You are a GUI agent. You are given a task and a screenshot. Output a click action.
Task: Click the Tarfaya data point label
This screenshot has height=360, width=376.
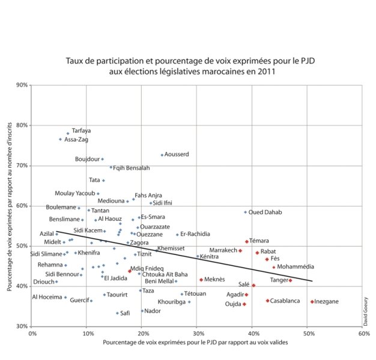(x=81, y=131)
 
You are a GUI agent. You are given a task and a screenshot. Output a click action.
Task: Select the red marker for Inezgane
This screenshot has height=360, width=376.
(x=312, y=301)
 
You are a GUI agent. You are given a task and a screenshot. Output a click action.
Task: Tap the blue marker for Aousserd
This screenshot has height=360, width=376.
(x=162, y=155)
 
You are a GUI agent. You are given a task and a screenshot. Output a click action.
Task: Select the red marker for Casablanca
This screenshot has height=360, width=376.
(x=268, y=301)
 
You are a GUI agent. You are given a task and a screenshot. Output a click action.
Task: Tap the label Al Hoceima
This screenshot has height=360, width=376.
(x=47, y=297)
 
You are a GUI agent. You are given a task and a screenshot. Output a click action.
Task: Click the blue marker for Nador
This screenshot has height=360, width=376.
(x=142, y=311)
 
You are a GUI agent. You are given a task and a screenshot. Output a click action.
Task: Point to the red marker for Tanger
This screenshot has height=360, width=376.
(x=290, y=280)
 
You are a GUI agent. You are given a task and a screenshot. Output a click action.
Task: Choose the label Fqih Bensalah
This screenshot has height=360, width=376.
(x=131, y=168)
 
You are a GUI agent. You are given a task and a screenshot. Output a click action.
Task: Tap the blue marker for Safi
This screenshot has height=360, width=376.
(x=118, y=313)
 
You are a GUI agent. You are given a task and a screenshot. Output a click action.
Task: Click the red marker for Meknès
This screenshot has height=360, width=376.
(x=201, y=280)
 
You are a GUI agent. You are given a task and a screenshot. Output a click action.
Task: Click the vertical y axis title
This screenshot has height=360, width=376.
(x=11, y=205)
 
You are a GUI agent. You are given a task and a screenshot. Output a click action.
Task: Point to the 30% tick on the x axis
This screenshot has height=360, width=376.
(x=197, y=334)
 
